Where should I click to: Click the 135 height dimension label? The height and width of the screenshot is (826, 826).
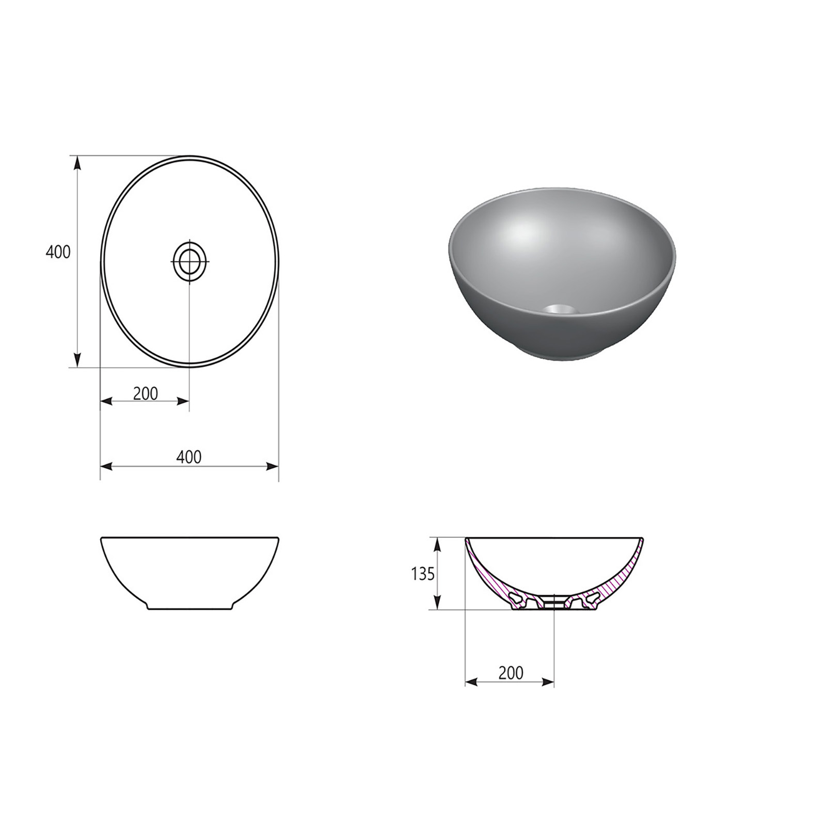[423, 574]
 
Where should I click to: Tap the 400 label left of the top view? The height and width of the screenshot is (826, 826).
[58, 252]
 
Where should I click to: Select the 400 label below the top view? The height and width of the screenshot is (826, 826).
[189, 456]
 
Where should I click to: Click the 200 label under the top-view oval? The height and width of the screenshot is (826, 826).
[146, 393]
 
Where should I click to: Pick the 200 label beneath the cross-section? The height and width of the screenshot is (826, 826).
[511, 673]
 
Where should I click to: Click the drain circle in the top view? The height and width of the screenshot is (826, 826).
[190, 261]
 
